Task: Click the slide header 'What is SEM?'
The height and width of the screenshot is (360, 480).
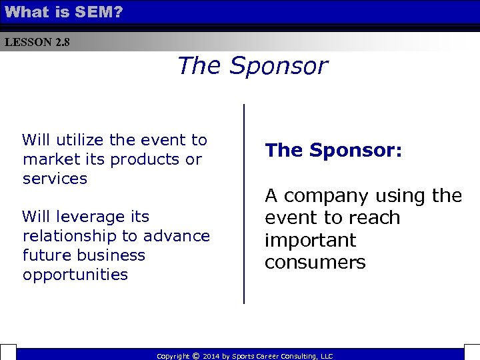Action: pos(63,11)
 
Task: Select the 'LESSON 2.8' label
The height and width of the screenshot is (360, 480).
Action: pos(37,43)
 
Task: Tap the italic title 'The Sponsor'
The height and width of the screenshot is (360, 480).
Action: pos(252,66)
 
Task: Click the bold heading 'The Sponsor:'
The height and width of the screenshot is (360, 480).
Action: pos(333,151)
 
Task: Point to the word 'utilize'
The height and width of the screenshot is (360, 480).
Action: pos(79,140)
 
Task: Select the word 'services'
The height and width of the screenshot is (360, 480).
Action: pos(55,179)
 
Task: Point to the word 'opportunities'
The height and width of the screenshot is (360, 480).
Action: pos(75,275)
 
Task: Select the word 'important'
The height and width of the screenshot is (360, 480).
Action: pos(310,240)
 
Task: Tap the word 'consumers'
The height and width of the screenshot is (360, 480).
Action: pos(315,263)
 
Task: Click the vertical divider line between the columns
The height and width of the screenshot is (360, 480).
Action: pos(244,203)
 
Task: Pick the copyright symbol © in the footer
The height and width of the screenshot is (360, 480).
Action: pos(195,356)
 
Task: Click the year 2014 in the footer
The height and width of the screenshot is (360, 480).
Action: pos(211,357)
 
